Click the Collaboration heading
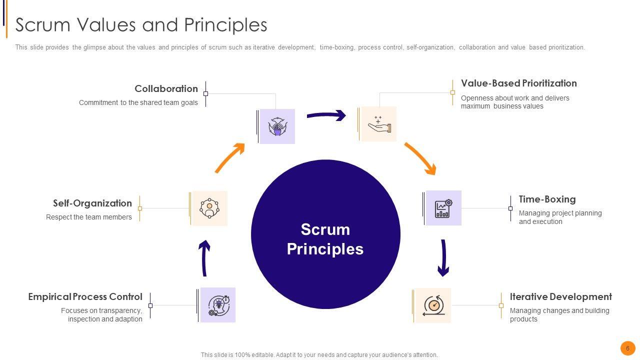pyautogui.click(x=166, y=88)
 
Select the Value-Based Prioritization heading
pyautogui.click(x=519, y=83)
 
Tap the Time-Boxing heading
pyautogui.click(x=547, y=199)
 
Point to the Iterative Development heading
pyautogui.click(x=561, y=296)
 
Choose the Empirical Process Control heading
pyautogui.click(x=85, y=296)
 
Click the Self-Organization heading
pyautogui.click(x=92, y=203)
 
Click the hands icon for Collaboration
pyautogui.click(x=277, y=126)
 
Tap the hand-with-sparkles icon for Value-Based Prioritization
pyautogui.click(x=379, y=124)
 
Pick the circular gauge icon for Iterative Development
pyautogui.click(x=433, y=305)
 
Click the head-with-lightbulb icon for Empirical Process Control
pyautogui.click(x=218, y=305)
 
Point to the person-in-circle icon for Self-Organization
pyautogui.click(x=209, y=208)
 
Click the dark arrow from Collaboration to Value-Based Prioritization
pyautogui.click(x=326, y=115)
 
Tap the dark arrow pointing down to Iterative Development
pyautogui.click(x=443, y=258)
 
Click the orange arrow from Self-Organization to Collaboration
pyautogui.click(x=230, y=157)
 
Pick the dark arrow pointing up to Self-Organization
pyautogui.click(x=204, y=258)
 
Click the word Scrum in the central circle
pyautogui.click(x=325, y=229)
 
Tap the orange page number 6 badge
pyautogui.click(x=627, y=348)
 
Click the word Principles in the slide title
pyautogui.click(x=225, y=25)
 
